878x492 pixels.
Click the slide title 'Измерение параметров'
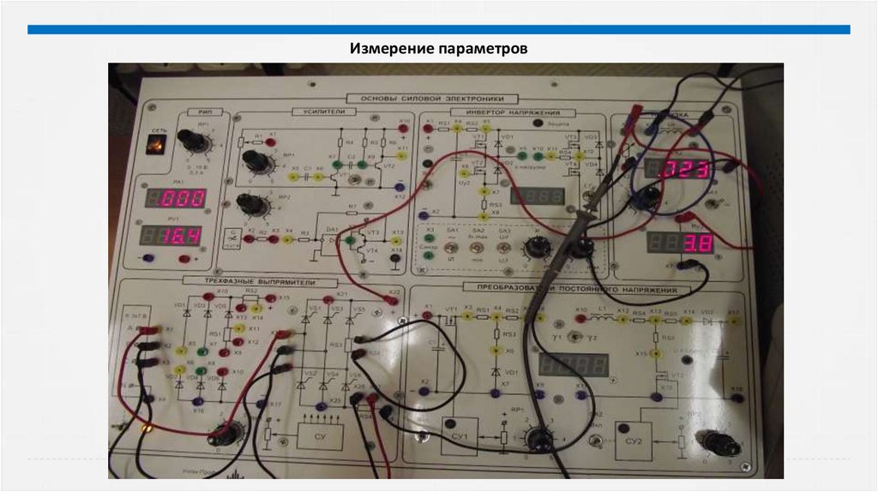438,48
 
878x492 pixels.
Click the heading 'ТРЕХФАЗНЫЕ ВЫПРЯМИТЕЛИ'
249,282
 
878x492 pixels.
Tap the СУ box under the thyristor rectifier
319,435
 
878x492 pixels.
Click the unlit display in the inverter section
535,196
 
